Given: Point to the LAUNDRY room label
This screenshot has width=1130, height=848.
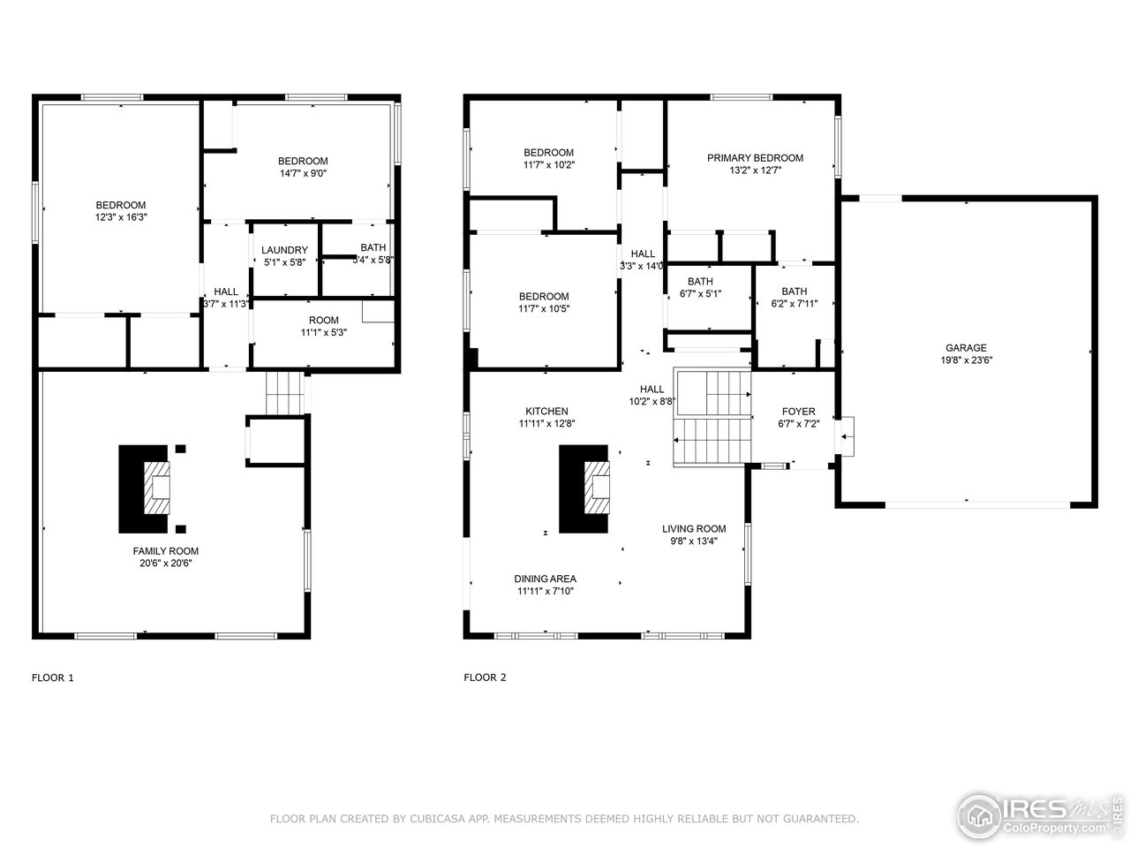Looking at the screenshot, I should coord(284,250).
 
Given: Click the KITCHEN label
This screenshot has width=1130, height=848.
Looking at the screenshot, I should coord(546,412).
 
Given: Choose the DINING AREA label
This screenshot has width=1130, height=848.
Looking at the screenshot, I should coord(545,579).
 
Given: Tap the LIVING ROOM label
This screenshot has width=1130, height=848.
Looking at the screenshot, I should coord(694,529).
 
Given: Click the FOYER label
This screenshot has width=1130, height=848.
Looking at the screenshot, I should coord(798,412).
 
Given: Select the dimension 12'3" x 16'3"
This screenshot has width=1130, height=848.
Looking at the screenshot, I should coord(121,216).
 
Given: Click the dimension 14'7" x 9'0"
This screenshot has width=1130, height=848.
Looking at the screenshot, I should coord(303,173).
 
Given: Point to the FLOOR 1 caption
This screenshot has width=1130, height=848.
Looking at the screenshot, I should coord(53,678).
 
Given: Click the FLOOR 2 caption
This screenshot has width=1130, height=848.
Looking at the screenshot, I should coord(485,678).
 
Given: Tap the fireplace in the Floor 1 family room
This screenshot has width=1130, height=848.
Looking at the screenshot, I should coord(147,488).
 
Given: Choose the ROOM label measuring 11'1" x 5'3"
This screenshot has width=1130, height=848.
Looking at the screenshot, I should coord(323,321).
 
